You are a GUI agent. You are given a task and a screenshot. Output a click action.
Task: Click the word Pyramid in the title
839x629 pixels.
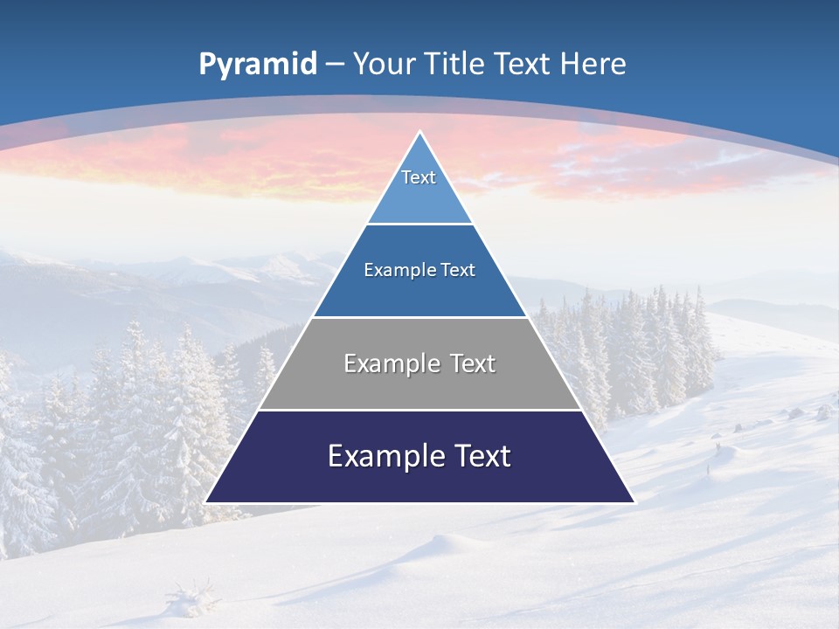click(x=258, y=64)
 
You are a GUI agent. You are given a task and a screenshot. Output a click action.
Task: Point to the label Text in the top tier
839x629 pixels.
click(x=419, y=177)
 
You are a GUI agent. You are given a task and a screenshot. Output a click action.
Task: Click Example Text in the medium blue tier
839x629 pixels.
click(x=419, y=270)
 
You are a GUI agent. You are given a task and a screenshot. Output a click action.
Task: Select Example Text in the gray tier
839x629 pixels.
click(x=419, y=363)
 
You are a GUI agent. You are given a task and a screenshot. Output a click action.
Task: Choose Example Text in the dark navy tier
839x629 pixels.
click(x=419, y=456)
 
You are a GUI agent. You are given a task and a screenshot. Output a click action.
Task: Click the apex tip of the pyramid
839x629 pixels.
click(x=419, y=133)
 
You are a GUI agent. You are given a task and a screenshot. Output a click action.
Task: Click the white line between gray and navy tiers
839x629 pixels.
click(x=419, y=410)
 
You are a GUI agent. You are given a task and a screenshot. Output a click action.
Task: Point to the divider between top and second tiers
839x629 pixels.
click(x=419, y=224)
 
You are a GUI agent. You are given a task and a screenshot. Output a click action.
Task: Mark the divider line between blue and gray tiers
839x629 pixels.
click(x=419, y=317)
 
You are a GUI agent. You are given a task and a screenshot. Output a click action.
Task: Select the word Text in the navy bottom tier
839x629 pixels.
click(x=477, y=456)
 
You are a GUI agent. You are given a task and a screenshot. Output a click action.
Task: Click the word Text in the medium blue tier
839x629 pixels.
click(x=457, y=270)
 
